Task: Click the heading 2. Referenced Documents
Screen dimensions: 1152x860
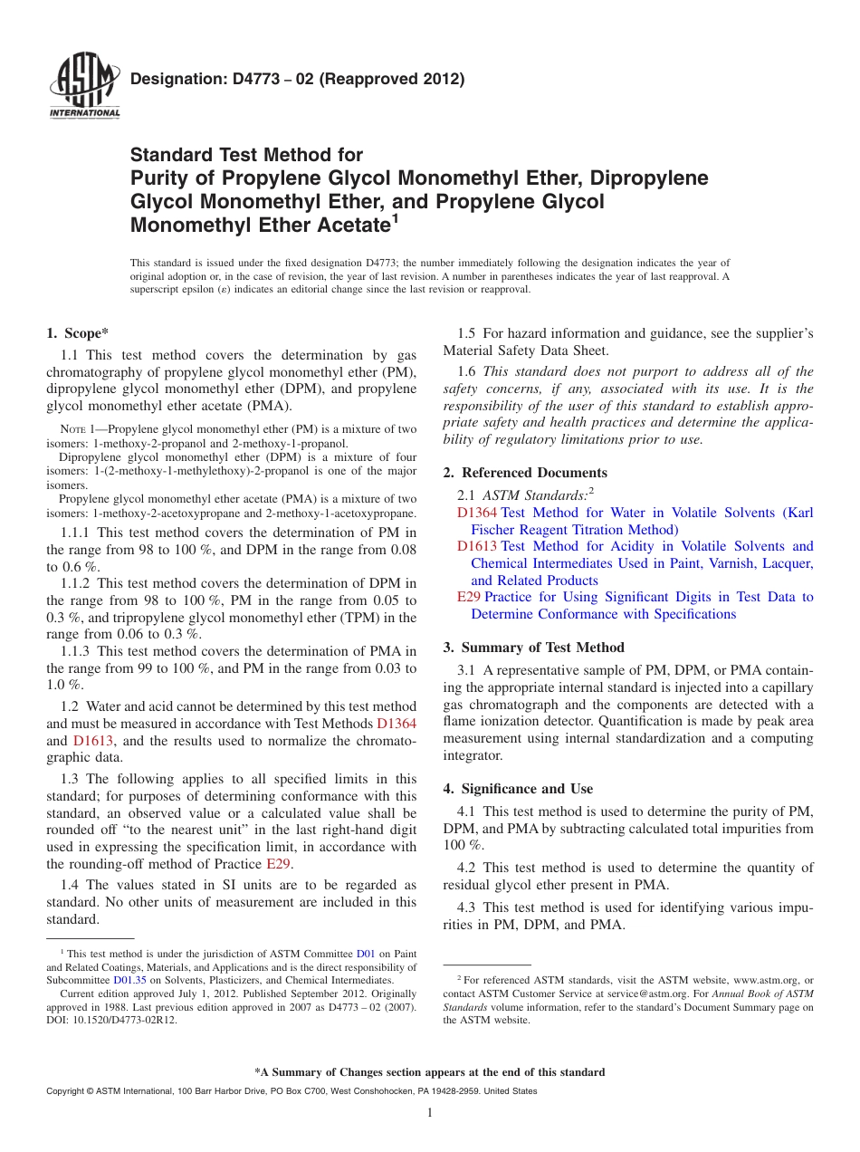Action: (x=525, y=473)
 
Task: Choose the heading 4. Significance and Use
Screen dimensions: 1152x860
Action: (x=518, y=788)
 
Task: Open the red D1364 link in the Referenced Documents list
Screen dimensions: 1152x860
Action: (x=477, y=513)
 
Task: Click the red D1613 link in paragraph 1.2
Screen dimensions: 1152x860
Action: (x=93, y=740)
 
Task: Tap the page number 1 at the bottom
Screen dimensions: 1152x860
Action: (x=430, y=1112)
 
